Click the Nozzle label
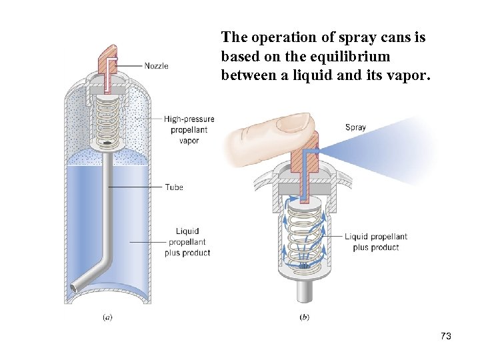(156, 66)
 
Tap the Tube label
(174, 187)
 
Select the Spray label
(355, 127)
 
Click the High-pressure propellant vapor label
(189, 130)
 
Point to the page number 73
(446, 337)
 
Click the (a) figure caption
(107, 318)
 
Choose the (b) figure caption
(304, 318)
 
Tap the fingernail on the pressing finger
(296, 121)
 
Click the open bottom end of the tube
(73, 288)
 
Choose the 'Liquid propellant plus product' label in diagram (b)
(376, 242)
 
